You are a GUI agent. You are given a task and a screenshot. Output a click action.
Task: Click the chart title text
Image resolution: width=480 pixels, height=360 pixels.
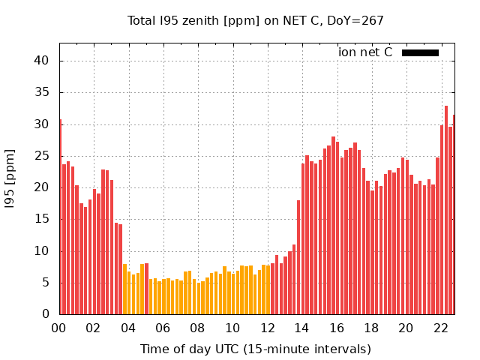(x=256, y=21)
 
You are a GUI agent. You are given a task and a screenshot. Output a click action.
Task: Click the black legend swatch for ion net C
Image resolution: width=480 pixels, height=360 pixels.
(x=420, y=52)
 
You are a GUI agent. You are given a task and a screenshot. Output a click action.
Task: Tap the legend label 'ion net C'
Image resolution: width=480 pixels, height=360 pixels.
(x=365, y=52)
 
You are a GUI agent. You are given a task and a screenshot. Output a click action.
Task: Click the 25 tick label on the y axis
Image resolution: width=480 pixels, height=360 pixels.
(x=43, y=156)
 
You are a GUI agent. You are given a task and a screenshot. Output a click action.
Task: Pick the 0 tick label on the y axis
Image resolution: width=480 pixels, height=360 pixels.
(x=46, y=314)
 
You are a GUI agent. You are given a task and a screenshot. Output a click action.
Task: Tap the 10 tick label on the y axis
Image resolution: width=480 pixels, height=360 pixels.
(x=43, y=251)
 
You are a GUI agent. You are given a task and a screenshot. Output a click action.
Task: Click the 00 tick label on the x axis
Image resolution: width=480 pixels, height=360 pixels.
(x=58, y=328)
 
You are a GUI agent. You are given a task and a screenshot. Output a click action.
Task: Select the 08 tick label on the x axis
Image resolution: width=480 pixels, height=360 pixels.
(x=197, y=328)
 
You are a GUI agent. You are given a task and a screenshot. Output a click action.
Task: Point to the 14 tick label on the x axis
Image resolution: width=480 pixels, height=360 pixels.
(x=301, y=328)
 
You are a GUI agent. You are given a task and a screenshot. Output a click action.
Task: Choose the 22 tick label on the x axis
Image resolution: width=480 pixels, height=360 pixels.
(x=441, y=328)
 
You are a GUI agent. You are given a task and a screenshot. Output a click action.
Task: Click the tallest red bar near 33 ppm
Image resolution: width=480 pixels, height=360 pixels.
(x=446, y=210)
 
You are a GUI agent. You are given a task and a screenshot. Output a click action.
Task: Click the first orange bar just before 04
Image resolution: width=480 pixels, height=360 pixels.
(x=124, y=289)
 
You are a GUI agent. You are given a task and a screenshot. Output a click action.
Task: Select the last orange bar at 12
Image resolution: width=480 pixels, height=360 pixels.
(x=268, y=289)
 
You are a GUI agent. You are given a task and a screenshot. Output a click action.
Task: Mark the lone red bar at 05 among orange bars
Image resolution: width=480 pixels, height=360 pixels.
(x=146, y=289)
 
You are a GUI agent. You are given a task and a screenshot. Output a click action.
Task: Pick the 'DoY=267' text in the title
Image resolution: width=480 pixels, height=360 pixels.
(x=357, y=21)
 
